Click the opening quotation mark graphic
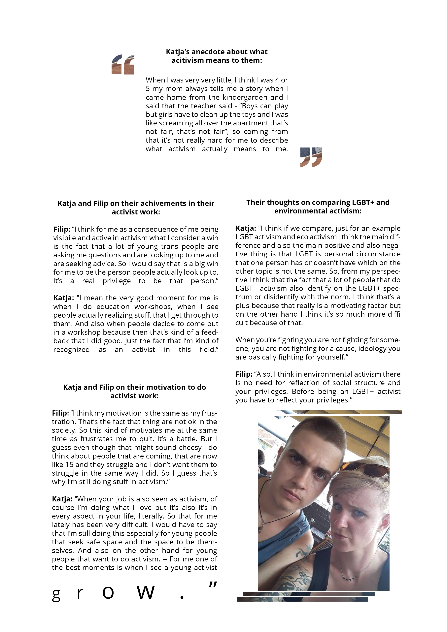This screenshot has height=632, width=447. click(x=123, y=64)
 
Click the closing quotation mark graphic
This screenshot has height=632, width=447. click(x=311, y=157)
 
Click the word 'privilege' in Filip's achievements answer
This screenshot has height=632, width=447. click(x=117, y=281)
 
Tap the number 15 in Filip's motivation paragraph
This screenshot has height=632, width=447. click(x=69, y=465)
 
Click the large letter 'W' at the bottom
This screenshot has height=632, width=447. click(x=146, y=592)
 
